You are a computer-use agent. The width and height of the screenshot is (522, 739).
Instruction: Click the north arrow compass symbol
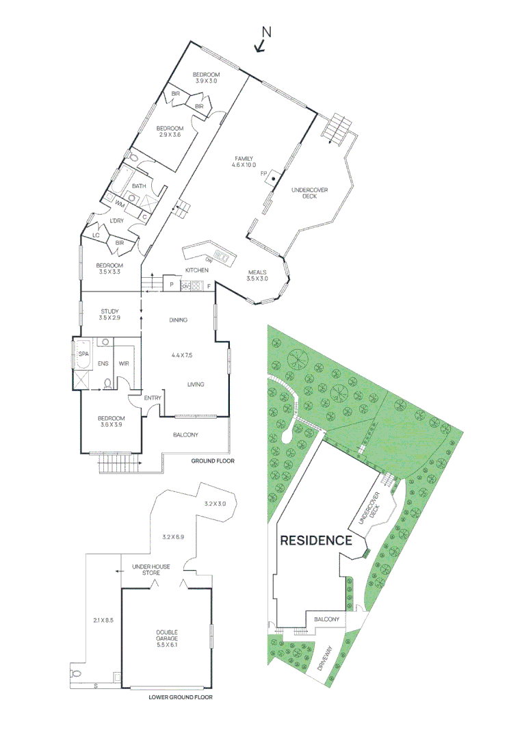pos(263,40)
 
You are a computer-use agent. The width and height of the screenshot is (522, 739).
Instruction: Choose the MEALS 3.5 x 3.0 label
pos(257,274)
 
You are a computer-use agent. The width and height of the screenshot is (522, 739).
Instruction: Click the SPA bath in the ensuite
pos(83,354)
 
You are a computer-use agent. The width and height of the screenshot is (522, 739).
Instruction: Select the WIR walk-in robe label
pos(124,363)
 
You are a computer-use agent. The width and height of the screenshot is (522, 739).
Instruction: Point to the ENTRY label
pos(153,398)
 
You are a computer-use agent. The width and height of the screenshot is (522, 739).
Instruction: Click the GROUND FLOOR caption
pos(213,461)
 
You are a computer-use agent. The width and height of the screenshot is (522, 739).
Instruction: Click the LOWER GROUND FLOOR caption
pos(181,698)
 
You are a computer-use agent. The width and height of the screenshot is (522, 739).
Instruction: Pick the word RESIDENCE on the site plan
pos(316,540)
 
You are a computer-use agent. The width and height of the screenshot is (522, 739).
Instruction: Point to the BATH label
pos(139,186)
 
